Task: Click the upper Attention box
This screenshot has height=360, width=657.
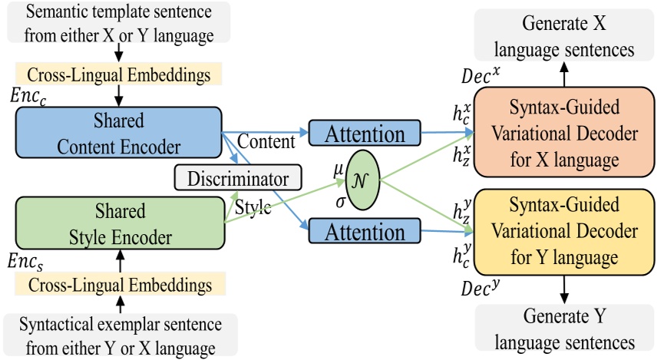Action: click(365, 134)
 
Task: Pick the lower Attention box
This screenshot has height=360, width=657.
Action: click(365, 231)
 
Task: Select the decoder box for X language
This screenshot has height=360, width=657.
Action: click(566, 134)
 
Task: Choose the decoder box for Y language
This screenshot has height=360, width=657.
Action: click(566, 231)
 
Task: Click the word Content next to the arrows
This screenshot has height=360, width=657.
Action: click(266, 142)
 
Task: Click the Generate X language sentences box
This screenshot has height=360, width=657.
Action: click(566, 37)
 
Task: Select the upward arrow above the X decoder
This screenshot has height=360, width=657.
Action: click(566, 76)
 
